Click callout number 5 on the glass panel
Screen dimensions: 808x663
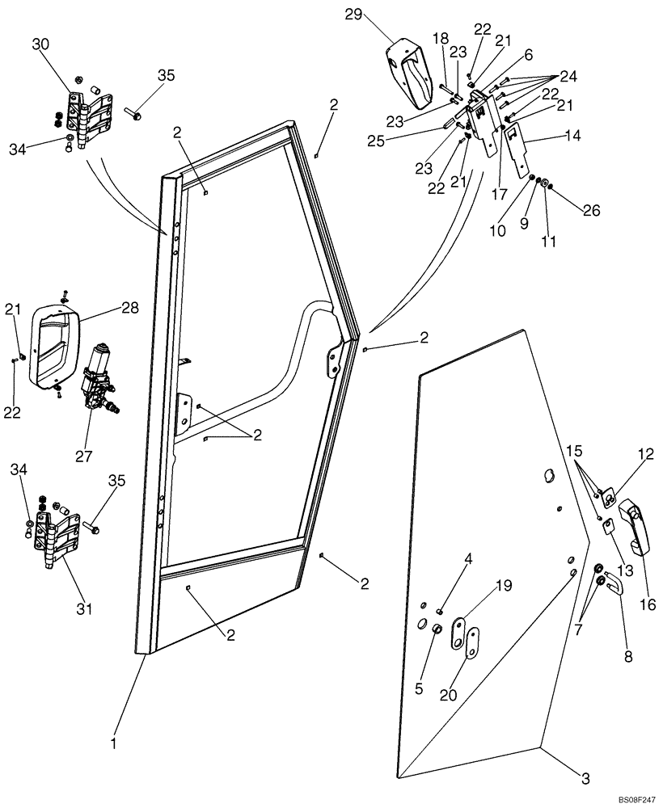coord(419,688)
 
